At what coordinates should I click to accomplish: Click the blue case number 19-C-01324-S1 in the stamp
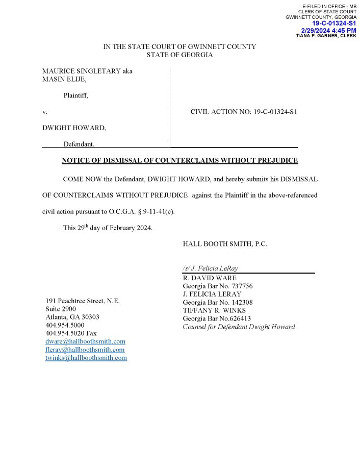[334, 23]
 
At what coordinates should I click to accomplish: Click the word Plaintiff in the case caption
[75, 95]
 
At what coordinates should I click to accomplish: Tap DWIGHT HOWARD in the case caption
[73, 128]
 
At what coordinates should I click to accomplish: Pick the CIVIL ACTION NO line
[243, 112]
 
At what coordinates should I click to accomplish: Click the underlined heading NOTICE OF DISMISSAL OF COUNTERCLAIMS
[179, 161]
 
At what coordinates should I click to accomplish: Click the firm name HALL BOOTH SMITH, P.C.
[224, 244]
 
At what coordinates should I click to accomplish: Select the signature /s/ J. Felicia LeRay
[210, 268]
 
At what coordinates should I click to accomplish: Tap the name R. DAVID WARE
[209, 278]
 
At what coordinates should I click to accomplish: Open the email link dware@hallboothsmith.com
[85, 341]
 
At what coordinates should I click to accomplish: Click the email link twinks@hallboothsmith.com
[86, 358]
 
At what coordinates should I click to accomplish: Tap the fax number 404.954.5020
[65, 333]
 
